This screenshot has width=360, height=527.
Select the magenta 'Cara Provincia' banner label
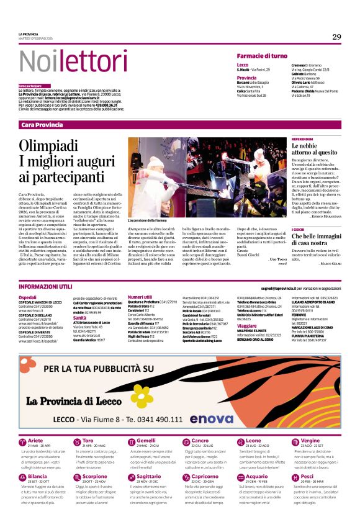pos(42,125)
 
